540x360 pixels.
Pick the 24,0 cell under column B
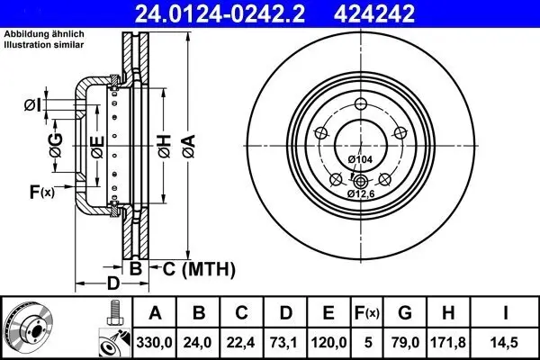[x=200, y=340]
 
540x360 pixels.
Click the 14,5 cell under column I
[x=508, y=340]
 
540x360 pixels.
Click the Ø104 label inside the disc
[x=360, y=159]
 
